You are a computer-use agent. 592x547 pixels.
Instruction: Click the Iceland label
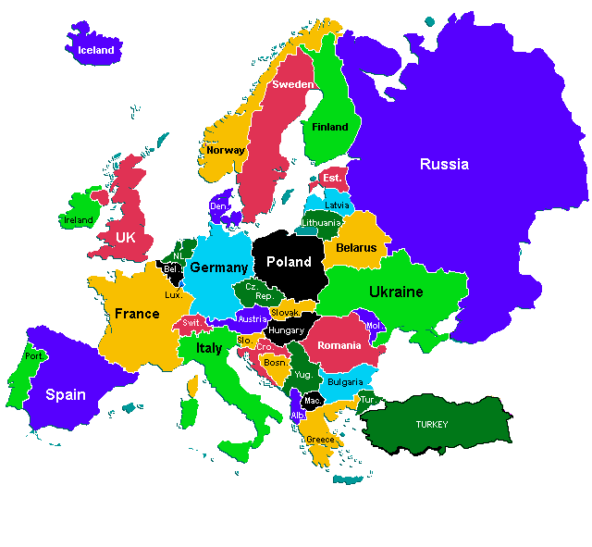click(x=95, y=50)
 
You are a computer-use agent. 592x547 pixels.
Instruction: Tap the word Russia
click(x=444, y=165)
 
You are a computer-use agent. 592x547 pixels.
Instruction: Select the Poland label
click(x=289, y=262)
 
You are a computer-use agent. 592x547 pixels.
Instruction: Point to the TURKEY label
click(x=431, y=425)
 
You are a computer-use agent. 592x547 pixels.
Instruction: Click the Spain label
click(x=66, y=394)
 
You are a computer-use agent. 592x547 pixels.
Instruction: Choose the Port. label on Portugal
click(x=34, y=356)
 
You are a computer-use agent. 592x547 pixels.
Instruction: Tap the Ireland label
click(x=78, y=221)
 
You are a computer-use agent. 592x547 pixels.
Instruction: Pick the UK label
click(x=126, y=237)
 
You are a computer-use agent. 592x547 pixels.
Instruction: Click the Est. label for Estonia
click(x=331, y=178)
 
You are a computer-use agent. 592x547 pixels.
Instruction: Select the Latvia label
click(x=337, y=205)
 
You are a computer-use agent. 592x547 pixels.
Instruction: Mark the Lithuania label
click(x=321, y=223)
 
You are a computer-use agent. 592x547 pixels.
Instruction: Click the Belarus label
click(x=356, y=248)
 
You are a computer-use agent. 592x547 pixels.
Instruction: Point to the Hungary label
click(x=286, y=330)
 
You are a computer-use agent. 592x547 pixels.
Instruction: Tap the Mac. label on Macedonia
click(x=313, y=401)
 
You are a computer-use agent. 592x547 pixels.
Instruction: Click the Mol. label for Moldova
click(x=374, y=326)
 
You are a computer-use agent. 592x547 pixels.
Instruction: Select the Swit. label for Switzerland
click(x=191, y=323)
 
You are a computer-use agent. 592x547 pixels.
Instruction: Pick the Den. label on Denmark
click(x=218, y=206)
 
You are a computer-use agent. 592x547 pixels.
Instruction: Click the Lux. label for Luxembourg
click(x=173, y=295)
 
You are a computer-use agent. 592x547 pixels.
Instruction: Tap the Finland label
click(x=330, y=128)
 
